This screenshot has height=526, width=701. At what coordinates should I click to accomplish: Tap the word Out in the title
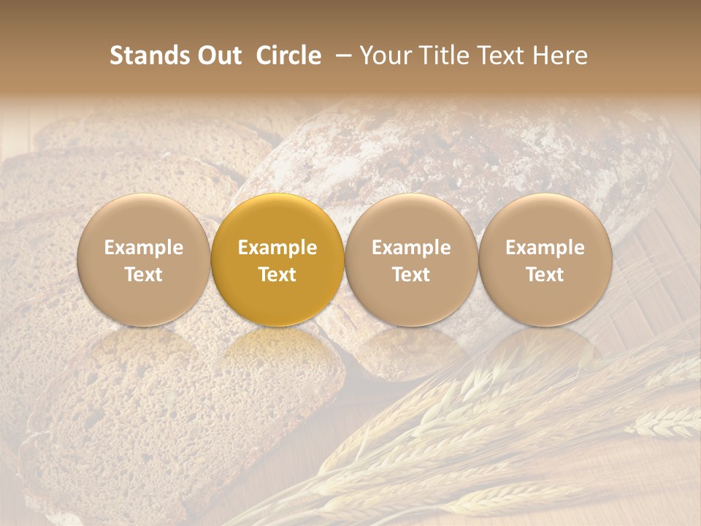(x=218, y=56)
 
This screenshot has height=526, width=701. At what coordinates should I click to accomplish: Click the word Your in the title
(x=383, y=56)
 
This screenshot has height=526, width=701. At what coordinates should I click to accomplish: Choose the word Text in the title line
(x=498, y=56)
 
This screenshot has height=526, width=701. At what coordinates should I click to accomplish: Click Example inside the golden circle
(x=277, y=248)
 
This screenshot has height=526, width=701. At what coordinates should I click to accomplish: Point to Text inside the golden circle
(x=277, y=275)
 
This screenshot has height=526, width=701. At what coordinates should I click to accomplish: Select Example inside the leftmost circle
(x=144, y=248)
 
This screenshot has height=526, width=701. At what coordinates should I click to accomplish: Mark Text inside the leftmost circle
(x=144, y=275)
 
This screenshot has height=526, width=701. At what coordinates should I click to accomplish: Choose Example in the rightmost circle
(x=545, y=248)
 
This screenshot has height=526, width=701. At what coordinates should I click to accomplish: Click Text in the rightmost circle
(x=545, y=275)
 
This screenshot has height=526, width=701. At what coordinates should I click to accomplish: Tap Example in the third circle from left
(x=411, y=248)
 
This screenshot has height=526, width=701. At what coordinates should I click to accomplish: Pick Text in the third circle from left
(x=411, y=275)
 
